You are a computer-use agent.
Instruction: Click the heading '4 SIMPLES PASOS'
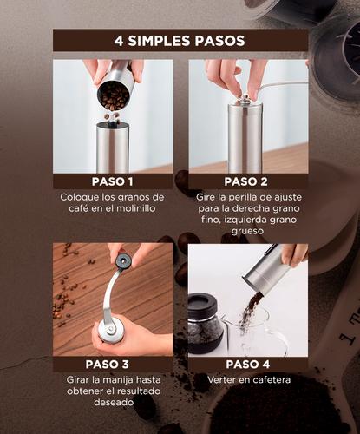click(x=179, y=41)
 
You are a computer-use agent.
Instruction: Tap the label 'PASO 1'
click(x=113, y=181)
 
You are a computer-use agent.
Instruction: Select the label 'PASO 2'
click(x=245, y=181)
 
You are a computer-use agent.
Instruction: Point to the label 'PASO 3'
click(x=113, y=365)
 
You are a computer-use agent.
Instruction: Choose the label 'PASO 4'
click(x=247, y=365)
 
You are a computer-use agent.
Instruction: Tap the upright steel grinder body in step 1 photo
click(x=113, y=148)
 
